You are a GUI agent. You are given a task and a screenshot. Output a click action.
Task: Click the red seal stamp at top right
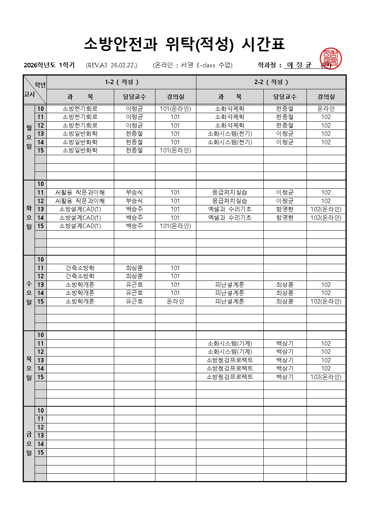(330, 59)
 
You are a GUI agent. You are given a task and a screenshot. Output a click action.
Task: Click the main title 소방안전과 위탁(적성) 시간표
(184, 44)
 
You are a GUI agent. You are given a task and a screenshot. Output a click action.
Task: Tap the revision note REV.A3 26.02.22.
(112, 65)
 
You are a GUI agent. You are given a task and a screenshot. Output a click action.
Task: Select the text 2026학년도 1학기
(49, 65)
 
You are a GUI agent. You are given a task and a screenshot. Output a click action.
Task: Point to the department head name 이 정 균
(299, 65)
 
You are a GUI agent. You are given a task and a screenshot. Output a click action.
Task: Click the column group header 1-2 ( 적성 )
(122, 82)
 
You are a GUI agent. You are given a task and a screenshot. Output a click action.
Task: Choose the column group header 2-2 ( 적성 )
(271, 82)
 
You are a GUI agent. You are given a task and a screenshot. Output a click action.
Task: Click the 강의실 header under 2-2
(326, 97)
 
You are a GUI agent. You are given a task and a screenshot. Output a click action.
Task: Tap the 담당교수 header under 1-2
(134, 97)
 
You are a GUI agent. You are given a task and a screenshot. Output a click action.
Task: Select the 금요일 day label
(29, 443)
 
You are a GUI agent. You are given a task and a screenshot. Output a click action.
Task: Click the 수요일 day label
(29, 293)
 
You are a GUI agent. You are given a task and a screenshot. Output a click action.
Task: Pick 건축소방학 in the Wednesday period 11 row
(80, 268)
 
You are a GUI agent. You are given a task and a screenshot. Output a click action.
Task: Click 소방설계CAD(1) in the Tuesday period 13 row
(80, 209)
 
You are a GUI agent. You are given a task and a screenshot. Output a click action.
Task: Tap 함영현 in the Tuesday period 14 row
(285, 218)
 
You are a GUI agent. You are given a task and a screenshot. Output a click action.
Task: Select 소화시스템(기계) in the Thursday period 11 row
(230, 343)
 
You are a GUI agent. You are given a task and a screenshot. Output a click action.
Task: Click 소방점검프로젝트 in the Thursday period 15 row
(230, 377)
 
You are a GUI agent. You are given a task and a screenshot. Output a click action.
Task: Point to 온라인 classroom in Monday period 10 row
(326, 109)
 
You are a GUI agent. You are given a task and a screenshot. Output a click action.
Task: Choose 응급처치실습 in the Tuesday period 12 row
(230, 201)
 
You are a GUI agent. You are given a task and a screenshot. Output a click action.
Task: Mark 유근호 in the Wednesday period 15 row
(134, 301)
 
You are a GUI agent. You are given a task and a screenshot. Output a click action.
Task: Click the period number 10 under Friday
(41, 410)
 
